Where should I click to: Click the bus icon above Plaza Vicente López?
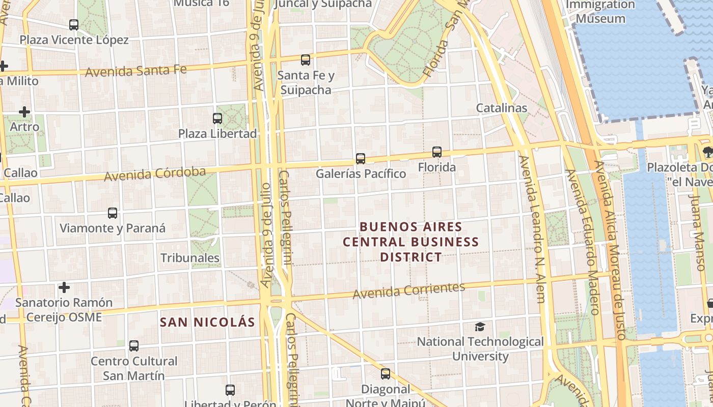pyautogui.click(x=74, y=24)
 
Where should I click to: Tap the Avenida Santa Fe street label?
pyautogui.click(x=136, y=70)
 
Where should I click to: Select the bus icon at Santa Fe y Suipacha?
pyautogui.click(x=306, y=60)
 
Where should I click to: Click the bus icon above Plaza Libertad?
pyautogui.click(x=217, y=119)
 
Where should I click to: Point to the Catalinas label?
pyautogui.click(x=501, y=108)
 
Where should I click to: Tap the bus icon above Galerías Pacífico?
pyautogui.click(x=361, y=159)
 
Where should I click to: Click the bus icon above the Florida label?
pyautogui.click(x=437, y=152)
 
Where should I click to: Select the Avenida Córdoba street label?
pyautogui.click(x=155, y=173)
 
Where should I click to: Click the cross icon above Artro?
pyautogui.click(x=24, y=112)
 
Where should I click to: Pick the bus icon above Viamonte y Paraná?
pyautogui.click(x=113, y=213)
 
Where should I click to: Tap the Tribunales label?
pyautogui.click(x=190, y=258)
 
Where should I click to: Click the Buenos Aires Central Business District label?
pyautogui.click(x=410, y=242)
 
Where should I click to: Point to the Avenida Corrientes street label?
pyautogui.click(x=408, y=290)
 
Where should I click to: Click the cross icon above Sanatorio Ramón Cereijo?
pyautogui.click(x=64, y=287)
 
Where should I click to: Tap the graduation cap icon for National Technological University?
pyautogui.click(x=480, y=327)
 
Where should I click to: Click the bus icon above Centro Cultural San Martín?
pyautogui.click(x=134, y=346)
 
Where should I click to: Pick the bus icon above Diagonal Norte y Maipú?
pyautogui.click(x=386, y=374)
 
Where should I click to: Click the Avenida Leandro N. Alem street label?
pyautogui.click(x=533, y=229)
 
